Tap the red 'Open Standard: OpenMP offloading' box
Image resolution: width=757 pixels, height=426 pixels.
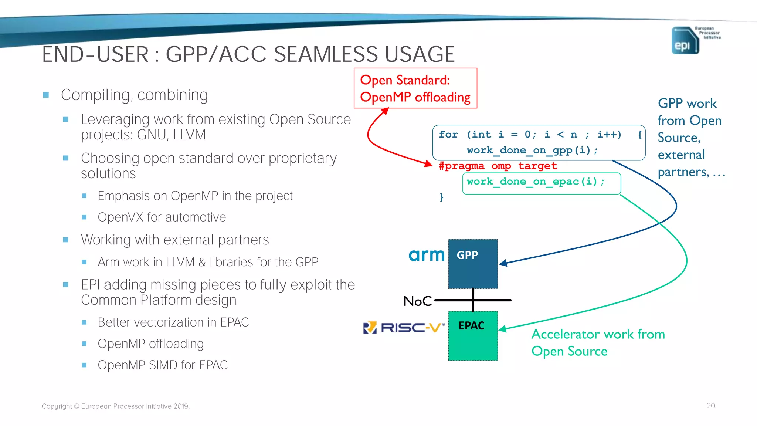[x=415, y=88]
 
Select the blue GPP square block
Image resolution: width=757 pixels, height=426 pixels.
[x=473, y=264]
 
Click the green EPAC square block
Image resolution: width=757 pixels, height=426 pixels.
[x=473, y=336]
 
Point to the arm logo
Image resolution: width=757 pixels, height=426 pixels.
[x=426, y=255]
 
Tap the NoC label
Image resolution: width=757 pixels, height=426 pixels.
[x=417, y=301]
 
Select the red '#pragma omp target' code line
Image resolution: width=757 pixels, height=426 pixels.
[x=498, y=166]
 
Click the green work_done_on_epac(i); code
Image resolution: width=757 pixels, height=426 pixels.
[x=535, y=182]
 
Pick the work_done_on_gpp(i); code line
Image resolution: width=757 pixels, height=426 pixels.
[x=532, y=151]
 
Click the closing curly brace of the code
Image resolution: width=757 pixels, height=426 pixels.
[x=441, y=197]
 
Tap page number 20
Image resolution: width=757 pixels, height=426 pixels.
[x=711, y=406]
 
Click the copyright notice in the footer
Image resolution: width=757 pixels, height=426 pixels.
[x=115, y=406]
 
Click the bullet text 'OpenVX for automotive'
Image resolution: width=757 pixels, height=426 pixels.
[x=162, y=217]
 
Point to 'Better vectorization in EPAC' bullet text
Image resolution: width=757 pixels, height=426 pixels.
[x=173, y=322]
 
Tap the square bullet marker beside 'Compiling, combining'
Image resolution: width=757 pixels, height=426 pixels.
[x=46, y=95]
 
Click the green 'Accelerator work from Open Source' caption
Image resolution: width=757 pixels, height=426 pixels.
[x=598, y=342]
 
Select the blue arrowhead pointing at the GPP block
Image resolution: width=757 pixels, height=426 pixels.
[x=503, y=263]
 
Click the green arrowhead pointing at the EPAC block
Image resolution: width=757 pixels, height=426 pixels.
[x=503, y=329]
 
